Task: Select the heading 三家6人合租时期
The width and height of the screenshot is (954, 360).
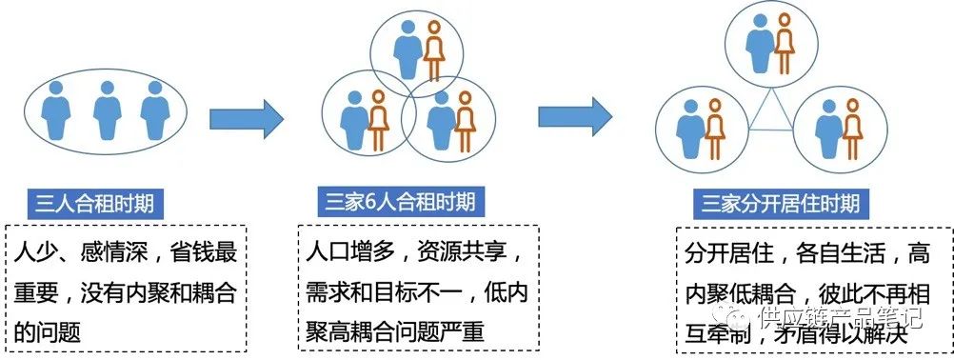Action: tap(400, 202)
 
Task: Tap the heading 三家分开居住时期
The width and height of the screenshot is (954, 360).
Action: tap(780, 203)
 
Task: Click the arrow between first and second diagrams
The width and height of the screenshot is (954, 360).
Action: tap(246, 118)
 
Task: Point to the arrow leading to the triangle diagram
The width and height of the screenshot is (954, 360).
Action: tap(574, 115)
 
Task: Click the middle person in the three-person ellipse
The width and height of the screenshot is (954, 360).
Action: tap(107, 108)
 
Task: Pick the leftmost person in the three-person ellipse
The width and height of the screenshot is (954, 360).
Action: tap(57, 108)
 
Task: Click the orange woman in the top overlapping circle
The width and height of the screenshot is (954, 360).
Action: tap(434, 49)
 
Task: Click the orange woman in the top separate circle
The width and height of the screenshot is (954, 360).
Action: tap(785, 43)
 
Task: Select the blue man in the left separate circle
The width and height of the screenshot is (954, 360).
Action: tap(686, 127)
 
